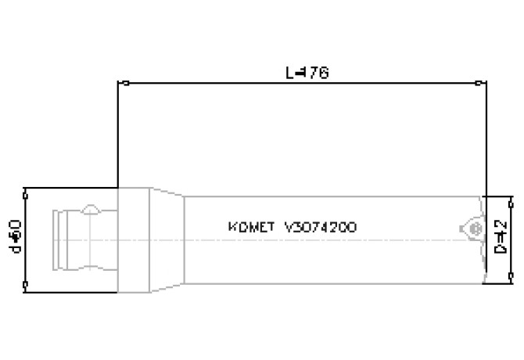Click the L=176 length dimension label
[307, 73]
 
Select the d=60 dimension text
[13, 236]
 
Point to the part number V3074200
[322, 228]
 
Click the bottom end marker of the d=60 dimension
[26, 285]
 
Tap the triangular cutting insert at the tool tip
[472, 228]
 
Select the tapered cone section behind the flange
[167, 239]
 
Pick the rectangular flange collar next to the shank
[134, 239]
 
